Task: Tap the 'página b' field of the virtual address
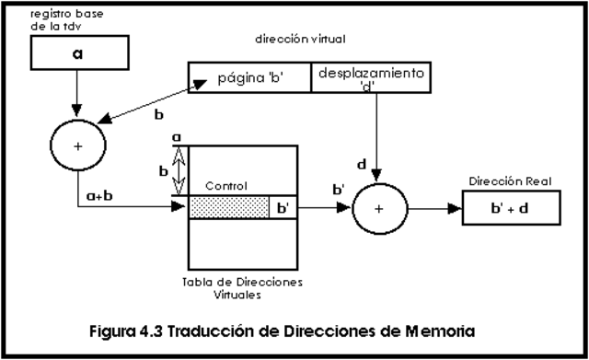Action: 250,77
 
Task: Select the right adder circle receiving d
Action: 379,208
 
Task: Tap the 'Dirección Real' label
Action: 509,182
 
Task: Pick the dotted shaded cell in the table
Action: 229,208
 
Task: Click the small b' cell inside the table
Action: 283,208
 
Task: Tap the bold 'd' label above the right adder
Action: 362,165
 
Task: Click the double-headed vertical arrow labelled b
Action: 180,171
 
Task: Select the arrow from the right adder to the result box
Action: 436,208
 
